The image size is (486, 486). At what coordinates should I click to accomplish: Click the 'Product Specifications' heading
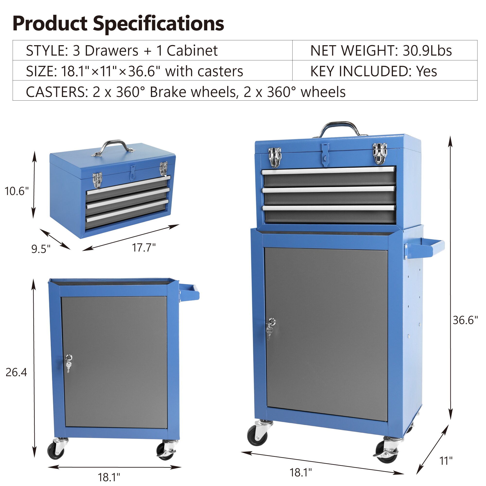click(118, 24)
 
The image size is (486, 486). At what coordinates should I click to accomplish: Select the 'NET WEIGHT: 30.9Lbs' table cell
click(381, 51)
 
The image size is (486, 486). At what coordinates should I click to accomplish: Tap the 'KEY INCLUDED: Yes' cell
click(373, 71)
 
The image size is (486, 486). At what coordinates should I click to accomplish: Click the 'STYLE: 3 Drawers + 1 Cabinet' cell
click(122, 51)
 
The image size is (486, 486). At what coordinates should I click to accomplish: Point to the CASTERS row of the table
click(186, 92)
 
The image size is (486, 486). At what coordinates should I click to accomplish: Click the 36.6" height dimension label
click(465, 320)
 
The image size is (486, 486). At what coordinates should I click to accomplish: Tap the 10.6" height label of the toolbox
click(17, 191)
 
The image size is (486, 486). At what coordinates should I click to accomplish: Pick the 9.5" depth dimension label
click(41, 249)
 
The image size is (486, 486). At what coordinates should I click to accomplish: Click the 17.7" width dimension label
click(144, 248)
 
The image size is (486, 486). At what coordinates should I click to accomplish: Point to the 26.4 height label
click(16, 372)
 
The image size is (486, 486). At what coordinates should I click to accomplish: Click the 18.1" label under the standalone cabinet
click(109, 477)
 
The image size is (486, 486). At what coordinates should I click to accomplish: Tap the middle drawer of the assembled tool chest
click(329, 196)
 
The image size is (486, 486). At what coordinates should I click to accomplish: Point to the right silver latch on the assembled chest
click(380, 153)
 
